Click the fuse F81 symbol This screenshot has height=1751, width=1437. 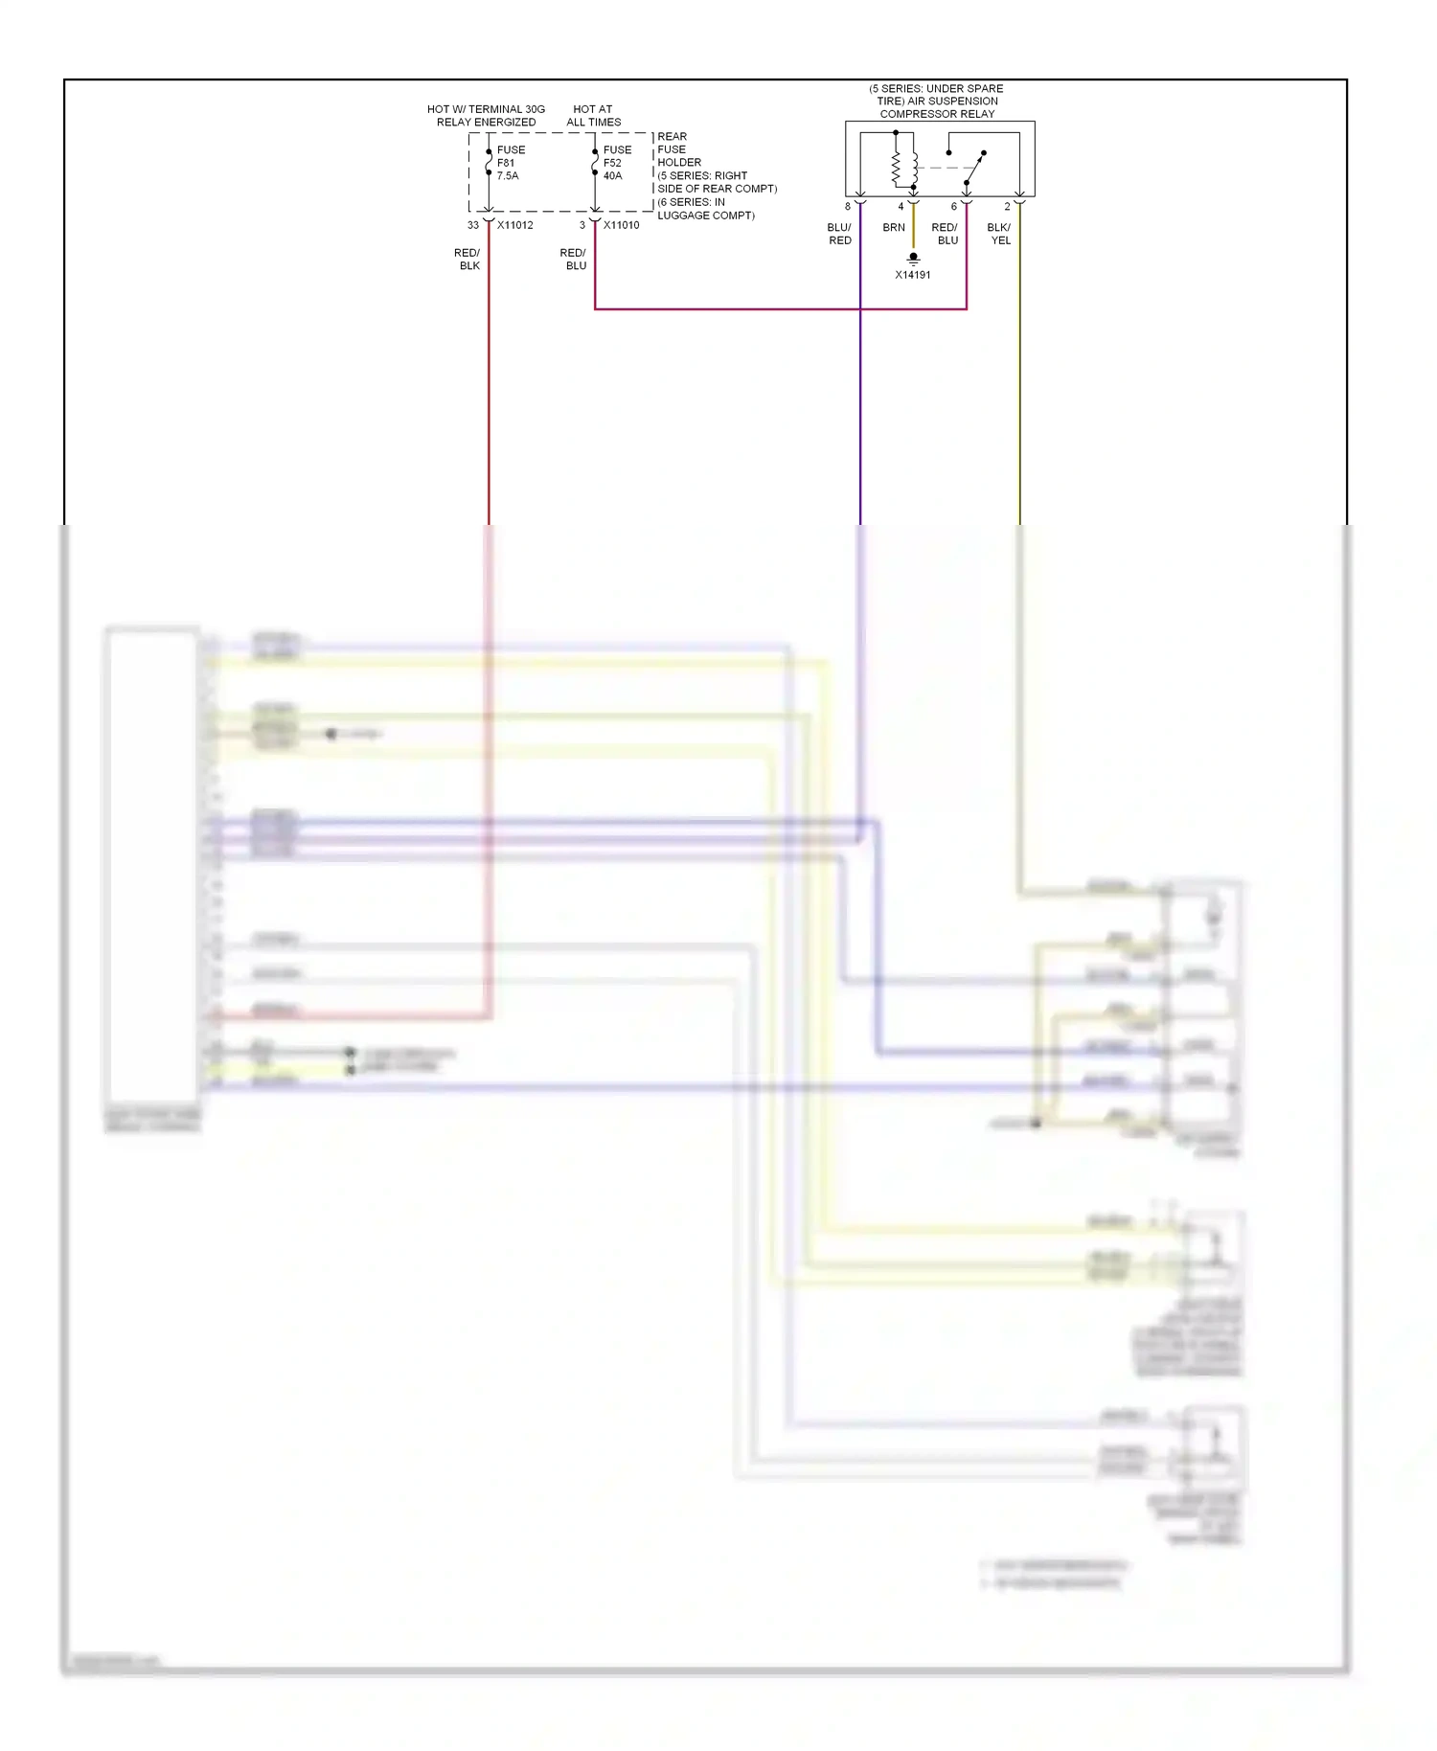tap(489, 163)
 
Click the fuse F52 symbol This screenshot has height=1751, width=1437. tap(595, 163)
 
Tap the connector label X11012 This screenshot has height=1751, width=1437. tap(515, 225)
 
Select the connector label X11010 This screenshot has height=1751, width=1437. tap(622, 225)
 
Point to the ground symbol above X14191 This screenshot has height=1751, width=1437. tap(913, 258)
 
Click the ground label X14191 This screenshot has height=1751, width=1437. tap(913, 275)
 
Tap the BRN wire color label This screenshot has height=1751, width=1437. tap(894, 228)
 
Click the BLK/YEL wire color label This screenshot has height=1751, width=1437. tap(999, 234)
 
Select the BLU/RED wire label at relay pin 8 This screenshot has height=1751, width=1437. tap(839, 234)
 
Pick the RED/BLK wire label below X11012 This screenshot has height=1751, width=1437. tap(468, 260)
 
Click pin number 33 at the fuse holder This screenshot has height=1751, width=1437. tap(473, 225)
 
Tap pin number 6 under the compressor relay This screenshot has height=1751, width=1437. tap(953, 206)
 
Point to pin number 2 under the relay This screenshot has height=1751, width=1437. tap(1007, 206)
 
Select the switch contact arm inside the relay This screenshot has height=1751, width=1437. tap(974, 169)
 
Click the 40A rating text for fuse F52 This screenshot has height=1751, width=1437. tap(613, 176)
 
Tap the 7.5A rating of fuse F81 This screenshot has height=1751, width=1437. tap(508, 176)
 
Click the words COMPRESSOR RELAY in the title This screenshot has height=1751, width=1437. tap(937, 114)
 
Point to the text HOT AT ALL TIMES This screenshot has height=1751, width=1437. tap(594, 116)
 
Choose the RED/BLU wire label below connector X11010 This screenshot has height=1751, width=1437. tap(574, 260)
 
